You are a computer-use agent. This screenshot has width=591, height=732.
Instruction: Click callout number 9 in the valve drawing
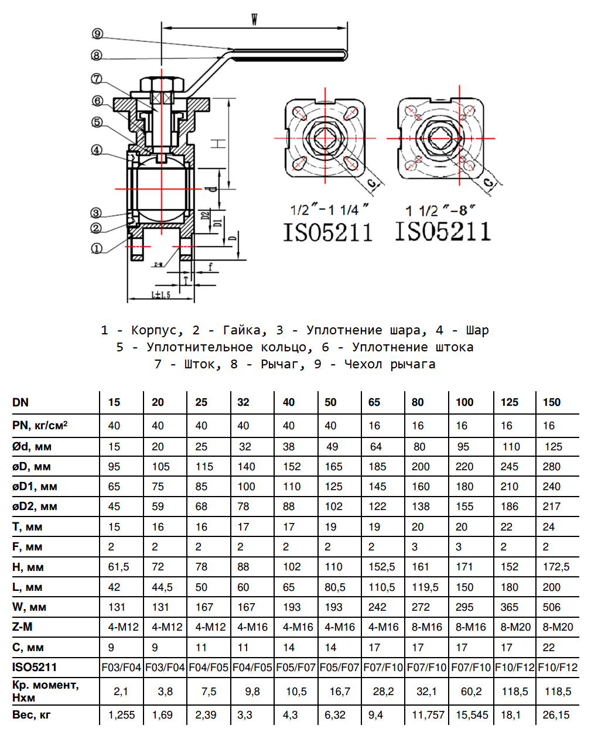click(x=97, y=34)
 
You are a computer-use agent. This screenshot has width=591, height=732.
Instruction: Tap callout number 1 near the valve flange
click(x=97, y=248)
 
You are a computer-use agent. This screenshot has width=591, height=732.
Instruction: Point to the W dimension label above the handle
click(x=255, y=19)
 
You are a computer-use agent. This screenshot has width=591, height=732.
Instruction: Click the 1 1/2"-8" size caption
click(x=440, y=210)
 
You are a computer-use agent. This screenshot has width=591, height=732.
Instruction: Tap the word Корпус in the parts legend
click(x=155, y=330)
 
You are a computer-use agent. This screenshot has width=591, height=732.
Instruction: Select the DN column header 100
click(x=464, y=402)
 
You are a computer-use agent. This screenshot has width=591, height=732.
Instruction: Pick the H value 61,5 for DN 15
click(x=118, y=567)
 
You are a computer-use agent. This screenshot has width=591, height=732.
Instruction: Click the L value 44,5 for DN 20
click(x=162, y=587)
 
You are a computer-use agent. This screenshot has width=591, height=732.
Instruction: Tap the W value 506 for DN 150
click(x=551, y=607)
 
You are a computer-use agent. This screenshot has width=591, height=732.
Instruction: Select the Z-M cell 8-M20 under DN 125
click(x=515, y=627)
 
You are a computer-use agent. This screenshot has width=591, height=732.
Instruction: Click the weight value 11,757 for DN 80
click(x=428, y=715)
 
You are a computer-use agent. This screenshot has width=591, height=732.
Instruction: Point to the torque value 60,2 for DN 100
click(x=471, y=692)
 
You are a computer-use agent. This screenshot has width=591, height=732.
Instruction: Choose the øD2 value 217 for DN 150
click(x=551, y=507)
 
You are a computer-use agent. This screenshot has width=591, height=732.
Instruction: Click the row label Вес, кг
click(x=32, y=715)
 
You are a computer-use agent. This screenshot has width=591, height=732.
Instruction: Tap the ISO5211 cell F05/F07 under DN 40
click(x=296, y=668)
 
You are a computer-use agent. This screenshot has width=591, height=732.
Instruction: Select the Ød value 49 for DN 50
click(x=332, y=447)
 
